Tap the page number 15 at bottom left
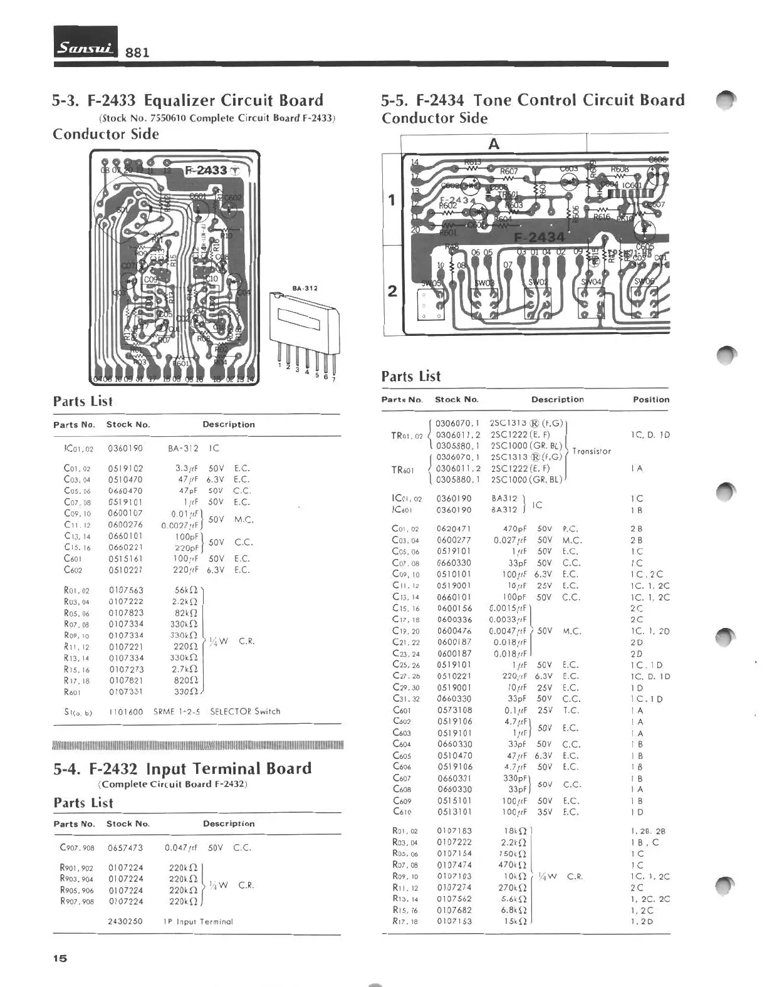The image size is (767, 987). pos(60,958)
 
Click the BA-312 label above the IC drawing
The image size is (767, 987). pos(305,288)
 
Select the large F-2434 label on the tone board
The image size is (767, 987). pos(539,237)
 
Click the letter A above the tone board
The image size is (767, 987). pos(494,144)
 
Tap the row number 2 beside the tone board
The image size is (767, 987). pos(392,291)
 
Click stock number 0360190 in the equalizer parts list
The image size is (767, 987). pos(125,448)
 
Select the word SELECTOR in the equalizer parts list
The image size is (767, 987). pos(231,711)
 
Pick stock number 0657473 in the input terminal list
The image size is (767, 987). pos(125,848)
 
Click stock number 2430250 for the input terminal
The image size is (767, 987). pos(125,922)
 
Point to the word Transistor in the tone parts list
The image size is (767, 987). pos(592,451)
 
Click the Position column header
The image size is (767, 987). pos(651,399)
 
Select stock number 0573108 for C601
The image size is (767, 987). pos(454,710)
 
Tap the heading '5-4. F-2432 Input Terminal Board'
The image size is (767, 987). pos(182,769)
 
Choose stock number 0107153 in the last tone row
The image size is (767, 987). pos(454,921)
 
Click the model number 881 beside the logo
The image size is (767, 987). pos(137,52)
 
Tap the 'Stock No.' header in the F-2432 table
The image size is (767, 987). pos(128,824)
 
